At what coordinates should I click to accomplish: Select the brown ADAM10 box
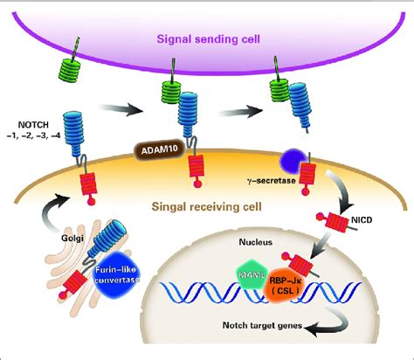tap(156, 149)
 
